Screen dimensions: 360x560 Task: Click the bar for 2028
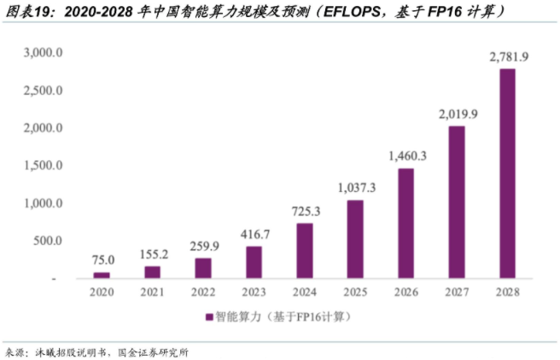pos(507,173)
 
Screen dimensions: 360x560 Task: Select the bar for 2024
pos(305,250)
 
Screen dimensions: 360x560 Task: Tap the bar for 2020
pos(102,275)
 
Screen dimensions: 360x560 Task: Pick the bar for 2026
pos(405,223)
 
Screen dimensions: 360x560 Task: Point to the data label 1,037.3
pos(355,188)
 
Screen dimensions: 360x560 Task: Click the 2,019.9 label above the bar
pos(458,113)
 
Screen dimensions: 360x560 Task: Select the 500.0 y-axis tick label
pos(47,241)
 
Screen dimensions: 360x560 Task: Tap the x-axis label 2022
pos(203,293)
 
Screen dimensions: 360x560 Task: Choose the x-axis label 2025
pos(355,293)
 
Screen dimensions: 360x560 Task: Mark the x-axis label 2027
pos(457,293)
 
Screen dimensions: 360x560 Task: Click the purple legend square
pos(209,317)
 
